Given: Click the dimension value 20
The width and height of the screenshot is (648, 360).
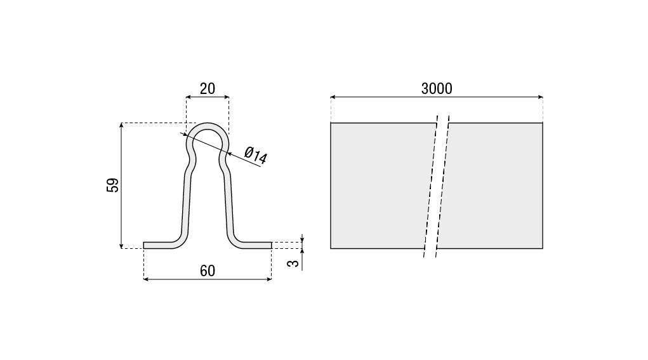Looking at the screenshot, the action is pos(208,88).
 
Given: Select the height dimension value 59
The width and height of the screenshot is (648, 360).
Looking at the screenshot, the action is pos(112,185).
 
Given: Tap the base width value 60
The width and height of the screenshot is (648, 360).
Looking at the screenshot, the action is pos(208,270).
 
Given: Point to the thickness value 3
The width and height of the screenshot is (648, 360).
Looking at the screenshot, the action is pos(294,263).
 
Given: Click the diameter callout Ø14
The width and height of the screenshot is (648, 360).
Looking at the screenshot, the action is pos(256,155).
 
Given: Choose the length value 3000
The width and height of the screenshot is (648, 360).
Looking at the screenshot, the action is pos(437,88).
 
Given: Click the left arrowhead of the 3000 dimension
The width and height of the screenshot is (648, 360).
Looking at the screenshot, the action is pos(333,97).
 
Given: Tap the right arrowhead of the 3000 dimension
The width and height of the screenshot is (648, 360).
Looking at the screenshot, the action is pos(540,97).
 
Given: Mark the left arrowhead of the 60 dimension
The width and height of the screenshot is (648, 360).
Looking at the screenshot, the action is pos(146,279).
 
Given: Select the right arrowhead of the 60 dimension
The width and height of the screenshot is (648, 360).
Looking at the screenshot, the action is pos(269,279).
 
